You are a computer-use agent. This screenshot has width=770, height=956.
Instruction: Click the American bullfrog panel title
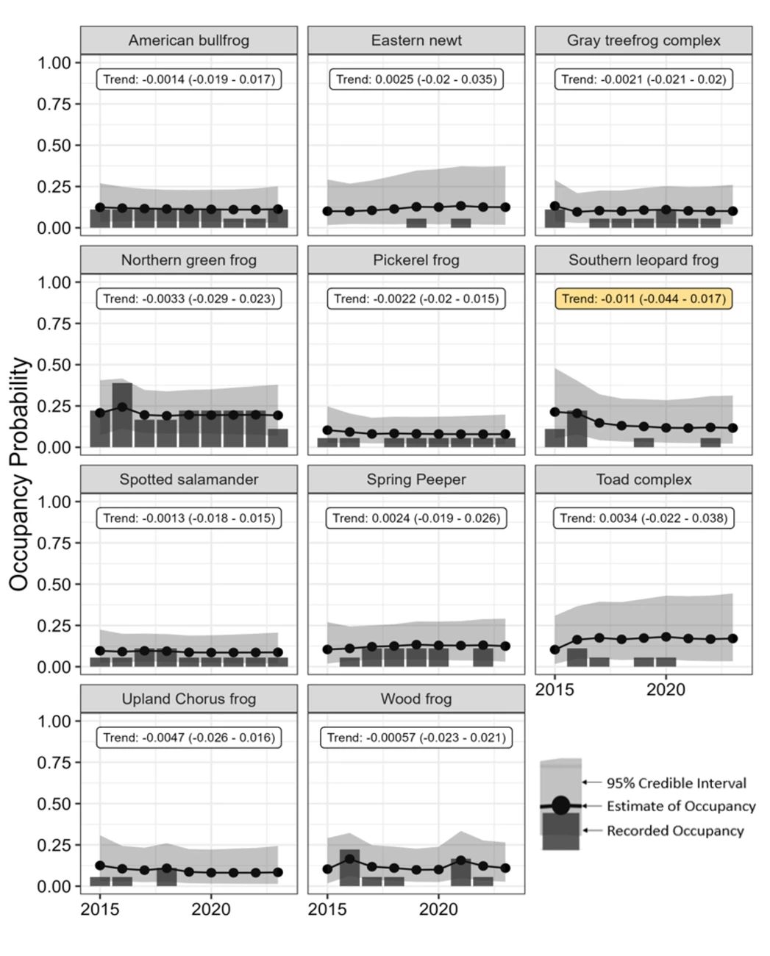pos(188,40)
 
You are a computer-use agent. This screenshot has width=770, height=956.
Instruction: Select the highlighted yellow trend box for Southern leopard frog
pos(644,299)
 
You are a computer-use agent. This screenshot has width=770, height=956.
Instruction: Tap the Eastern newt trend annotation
pos(416,79)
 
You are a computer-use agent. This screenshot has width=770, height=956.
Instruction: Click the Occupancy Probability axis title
pos(20,474)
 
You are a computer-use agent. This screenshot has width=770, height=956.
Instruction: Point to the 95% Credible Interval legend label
pos(676,783)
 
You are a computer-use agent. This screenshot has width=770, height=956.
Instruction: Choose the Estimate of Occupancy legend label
pos(681,806)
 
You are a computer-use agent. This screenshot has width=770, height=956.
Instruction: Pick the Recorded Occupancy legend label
pos(675,831)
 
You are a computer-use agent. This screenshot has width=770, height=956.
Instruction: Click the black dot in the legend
pos(560,805)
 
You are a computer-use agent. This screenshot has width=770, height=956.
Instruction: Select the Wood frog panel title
pos(416,699)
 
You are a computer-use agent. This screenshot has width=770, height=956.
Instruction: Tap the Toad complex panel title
pos(644,479)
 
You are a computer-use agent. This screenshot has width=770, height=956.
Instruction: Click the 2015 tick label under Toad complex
pos(555,690)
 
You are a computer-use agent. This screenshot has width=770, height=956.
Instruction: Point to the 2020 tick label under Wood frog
pos(438,910)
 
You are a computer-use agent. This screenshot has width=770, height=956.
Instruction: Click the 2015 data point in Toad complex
pos(555,649)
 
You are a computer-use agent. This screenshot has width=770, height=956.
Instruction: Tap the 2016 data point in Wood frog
pos(349,858)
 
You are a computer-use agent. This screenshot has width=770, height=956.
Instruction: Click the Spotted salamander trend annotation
pos(189,518)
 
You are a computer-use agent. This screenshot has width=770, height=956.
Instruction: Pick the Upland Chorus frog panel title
pos(188,699)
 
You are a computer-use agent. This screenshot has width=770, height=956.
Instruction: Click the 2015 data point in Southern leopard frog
pos(555,412)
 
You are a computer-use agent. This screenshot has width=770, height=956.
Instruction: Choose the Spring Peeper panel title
pos(416,479)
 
